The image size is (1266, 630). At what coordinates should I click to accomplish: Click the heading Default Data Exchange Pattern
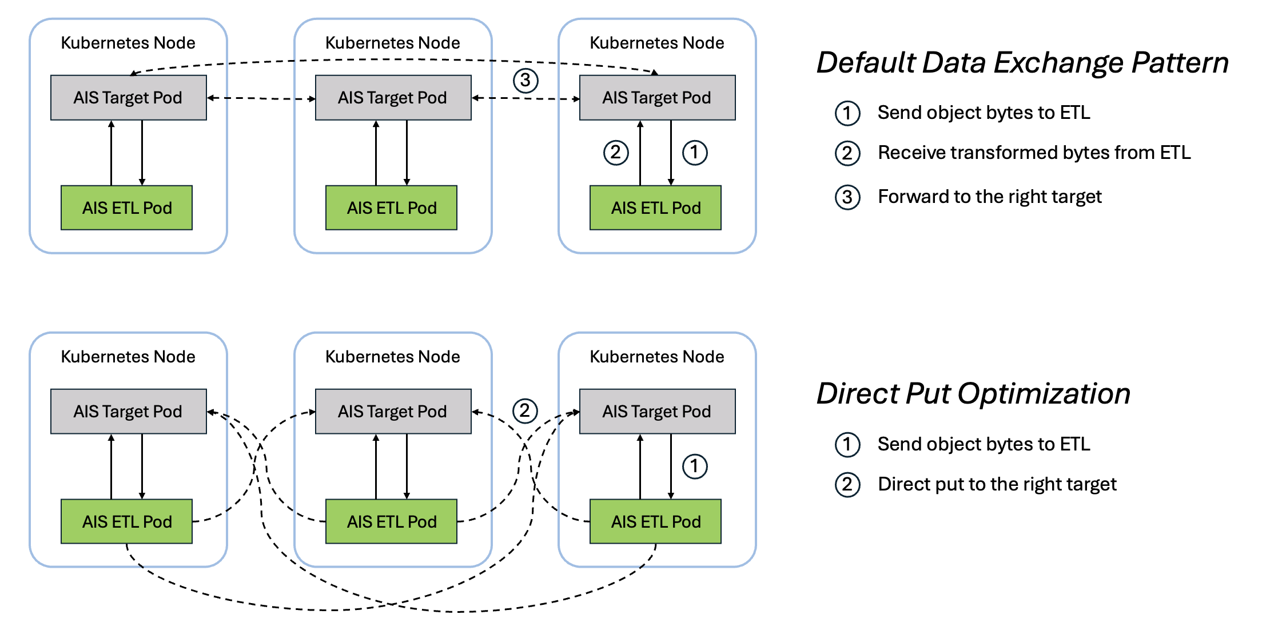[1022, 63]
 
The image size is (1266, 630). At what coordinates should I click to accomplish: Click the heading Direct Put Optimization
[973, 394]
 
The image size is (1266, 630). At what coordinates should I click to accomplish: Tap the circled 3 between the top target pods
[525, 81]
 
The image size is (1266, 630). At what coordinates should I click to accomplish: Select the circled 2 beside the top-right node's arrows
[615, 153]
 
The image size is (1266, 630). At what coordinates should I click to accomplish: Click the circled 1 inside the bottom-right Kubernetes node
[694, 466]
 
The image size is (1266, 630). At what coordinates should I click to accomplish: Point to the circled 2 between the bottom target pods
[524, 410]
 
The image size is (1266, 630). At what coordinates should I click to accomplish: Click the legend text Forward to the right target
[989, 197]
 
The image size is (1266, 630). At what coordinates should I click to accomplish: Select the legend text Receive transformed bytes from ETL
[1034, 153]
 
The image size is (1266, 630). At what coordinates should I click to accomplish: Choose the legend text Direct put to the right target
[997, 484]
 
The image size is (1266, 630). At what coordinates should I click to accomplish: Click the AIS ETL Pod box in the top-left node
[127, 208]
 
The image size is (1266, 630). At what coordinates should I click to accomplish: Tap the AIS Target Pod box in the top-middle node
[393, 98]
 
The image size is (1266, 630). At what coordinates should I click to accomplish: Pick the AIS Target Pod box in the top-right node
[657, 98]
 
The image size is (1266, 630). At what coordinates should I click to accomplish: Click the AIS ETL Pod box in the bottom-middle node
[392, 521]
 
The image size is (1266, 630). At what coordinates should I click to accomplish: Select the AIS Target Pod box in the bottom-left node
[128, 412]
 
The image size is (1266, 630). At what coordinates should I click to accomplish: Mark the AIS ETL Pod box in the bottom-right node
[655, 521]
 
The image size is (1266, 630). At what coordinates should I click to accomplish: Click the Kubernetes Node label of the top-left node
[128, 43]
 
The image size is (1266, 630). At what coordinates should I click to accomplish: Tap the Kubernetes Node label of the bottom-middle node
[393, 357]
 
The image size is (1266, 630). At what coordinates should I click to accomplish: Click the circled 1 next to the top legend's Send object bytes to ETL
[847, 113]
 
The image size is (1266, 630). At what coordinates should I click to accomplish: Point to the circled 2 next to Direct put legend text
[847, 485]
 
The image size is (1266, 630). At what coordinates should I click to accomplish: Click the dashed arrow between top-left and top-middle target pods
[261, 98]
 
